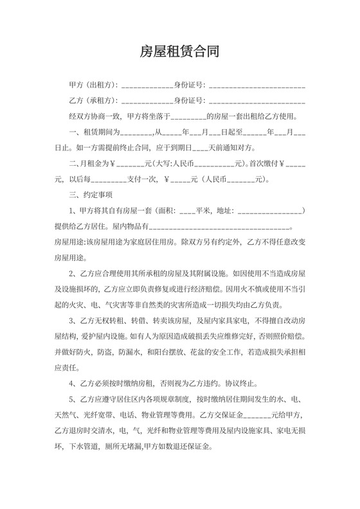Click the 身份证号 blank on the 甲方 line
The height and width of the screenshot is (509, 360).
(x=256, y=85)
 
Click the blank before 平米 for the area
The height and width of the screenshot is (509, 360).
(x=187, y=211)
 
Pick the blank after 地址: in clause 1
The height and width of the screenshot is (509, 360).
(x=270, y=211)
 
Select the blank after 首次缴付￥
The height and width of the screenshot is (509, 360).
(x=294, y=163)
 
